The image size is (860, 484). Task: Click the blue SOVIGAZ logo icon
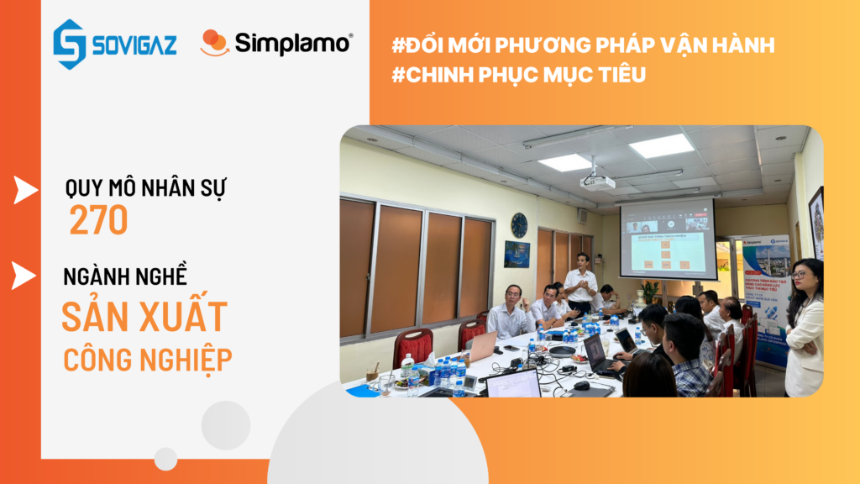[x=70, y=44]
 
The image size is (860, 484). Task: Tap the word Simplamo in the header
[x=294, y=43]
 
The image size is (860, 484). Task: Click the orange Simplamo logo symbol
[x=214, y=43]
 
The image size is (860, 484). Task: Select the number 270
[x=98, y=220]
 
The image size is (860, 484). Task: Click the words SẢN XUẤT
[x=144, y=316]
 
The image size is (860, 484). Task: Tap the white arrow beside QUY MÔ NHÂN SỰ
[x=25, y=191]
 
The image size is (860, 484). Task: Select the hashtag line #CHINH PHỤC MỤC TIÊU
[x=519, y=75]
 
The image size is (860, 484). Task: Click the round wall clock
[x=519, y=224]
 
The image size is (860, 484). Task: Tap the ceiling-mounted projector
[x=599, y=181]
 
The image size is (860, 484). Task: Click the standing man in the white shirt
[x=581, y=283]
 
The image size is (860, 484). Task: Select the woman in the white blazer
[x=805, y=328]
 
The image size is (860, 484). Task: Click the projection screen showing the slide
[x=668, y=239]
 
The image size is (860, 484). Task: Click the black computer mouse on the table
[x=581, y=385]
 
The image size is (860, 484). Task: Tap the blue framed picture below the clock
[x=517, y=254]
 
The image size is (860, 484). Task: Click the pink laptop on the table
[x=481, y=345]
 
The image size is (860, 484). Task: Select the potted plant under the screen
[x=649, y=291]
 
